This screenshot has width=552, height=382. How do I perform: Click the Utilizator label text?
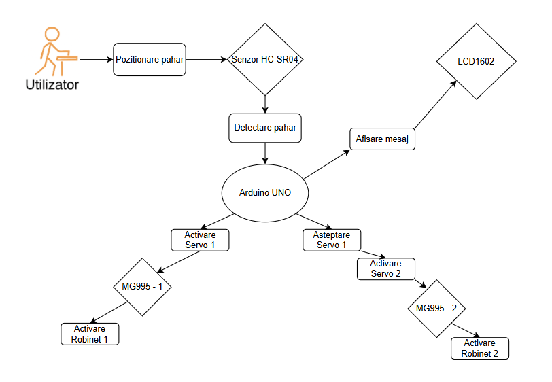click(x=52, y=86)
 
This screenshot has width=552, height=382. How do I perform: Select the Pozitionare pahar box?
click(x=150, y=60)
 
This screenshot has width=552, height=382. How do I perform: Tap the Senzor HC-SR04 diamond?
click(x=264, y=60)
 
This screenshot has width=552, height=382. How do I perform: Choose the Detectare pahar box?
click(x=265, y=127)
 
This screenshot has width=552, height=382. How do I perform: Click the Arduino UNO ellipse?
click(x=265, y=192)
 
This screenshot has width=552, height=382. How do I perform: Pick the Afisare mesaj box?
click(x=383, y=139)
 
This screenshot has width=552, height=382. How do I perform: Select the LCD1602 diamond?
click(x=476, y=61)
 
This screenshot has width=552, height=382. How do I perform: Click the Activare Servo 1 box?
click(x=199, y=239)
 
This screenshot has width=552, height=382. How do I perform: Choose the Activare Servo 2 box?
click(x=385, y=268)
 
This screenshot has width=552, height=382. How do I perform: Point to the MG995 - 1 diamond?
click(x=142, y=287)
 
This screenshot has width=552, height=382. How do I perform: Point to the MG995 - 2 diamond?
click(x=436, y=309)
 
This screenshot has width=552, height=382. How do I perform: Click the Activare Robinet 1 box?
click(x=90, y=334)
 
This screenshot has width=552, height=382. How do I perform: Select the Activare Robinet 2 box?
click(x=479, y=349)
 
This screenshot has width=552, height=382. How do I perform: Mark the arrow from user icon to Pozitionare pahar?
click(x=95, y=60)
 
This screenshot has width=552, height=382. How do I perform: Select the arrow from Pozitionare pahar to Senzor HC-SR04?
click(x=207, y=60)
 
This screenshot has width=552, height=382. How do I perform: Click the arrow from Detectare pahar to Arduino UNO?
click(x=264, y=153)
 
